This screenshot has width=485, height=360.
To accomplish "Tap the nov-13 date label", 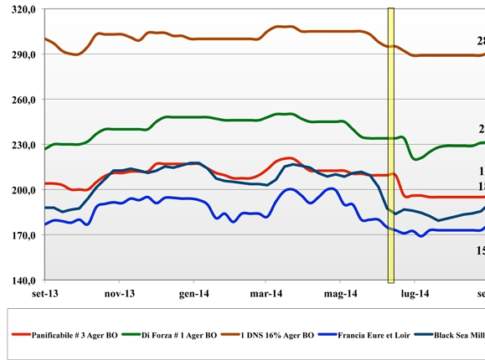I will tap(119, 294).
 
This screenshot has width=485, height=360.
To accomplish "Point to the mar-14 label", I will tap(268, 294).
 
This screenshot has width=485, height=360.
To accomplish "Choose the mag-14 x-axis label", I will tap(342, 294).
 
